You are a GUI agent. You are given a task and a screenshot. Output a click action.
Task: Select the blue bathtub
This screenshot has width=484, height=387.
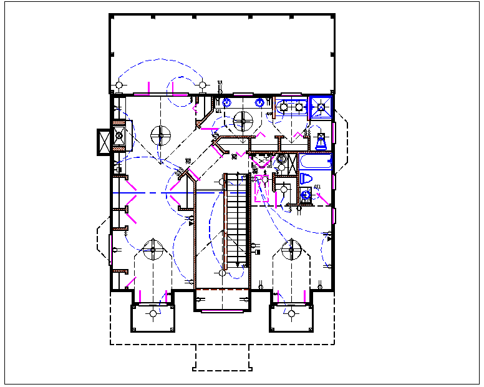315,164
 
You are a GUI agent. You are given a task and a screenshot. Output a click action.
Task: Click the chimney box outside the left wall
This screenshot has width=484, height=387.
103,142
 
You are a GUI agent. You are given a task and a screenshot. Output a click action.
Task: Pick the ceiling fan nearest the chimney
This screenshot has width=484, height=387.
160,134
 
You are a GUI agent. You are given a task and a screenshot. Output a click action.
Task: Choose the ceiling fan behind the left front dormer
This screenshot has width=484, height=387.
152,251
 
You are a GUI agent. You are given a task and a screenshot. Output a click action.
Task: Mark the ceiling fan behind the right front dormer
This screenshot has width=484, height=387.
290,251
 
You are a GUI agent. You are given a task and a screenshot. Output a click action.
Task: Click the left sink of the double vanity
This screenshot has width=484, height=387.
284,107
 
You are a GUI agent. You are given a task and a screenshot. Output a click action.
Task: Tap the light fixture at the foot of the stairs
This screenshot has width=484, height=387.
223,273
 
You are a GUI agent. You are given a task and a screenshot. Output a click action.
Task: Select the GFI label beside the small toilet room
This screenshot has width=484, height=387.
317,187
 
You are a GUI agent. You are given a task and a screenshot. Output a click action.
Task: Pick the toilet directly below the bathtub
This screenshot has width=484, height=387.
306,179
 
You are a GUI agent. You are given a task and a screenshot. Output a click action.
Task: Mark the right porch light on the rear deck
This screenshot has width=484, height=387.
202,84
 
